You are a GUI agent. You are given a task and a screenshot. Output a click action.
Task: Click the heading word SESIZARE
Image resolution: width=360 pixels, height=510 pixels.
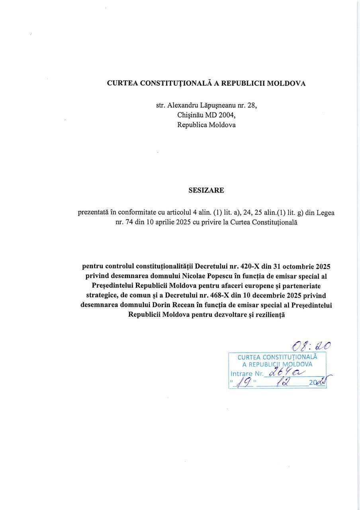[206, 190]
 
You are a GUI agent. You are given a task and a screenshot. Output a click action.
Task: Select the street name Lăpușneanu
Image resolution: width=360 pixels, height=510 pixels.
[217, 106]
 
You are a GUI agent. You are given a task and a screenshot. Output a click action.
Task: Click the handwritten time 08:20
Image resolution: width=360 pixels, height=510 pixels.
[311, 345]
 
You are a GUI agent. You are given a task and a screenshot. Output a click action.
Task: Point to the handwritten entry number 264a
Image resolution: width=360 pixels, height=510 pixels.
[286, 372]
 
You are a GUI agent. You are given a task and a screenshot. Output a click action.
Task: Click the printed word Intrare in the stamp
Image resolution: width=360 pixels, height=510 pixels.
[242, 374]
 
